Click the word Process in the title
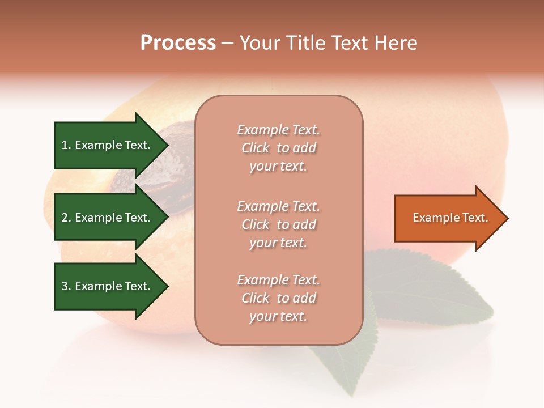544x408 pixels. pyautogui.click(x=178, y=43)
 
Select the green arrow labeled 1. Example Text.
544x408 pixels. pyautogui.click(x=108, y=145)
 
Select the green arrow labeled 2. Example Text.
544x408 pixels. pyautogui.click(x=108, y=218)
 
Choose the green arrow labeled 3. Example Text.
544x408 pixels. pyautogui.click(x=108, y=286)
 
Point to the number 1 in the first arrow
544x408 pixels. pyautogui.click(x=65, y=145)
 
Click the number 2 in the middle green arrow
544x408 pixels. pyautogui.click(x=65, y=218)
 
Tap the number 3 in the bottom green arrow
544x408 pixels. pyautogui.click(x=65, y=286)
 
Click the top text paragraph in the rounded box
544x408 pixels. pyautogui.click(x=278, y=148)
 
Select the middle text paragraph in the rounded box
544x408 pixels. pyautogui.click(x=278, y=224)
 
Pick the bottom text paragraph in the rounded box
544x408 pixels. pyautogui.click(x=278, y=298)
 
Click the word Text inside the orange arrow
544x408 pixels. pyautogui.click(x=476, y=218)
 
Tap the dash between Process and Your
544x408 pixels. pyautogui.click(x=227, y=44)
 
